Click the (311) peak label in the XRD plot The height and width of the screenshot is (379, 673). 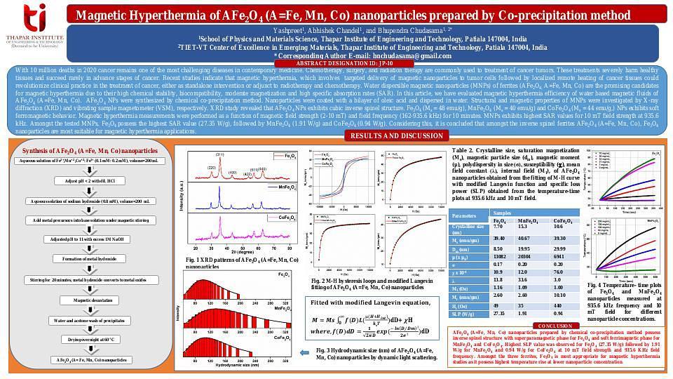coord(219,154)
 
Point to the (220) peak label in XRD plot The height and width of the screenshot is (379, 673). coord(212,168)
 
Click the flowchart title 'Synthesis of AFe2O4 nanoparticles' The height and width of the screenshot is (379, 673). coord(90,150)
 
